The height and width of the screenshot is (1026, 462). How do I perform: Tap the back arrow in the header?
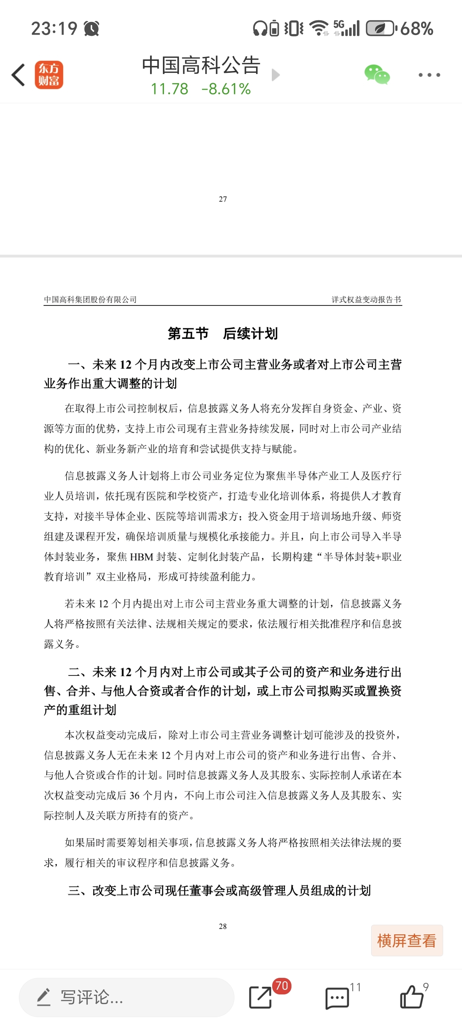pyautogui.click(x=18, y=75)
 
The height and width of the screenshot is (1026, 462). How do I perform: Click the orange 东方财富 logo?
pyautogui.click(x=49, y=75)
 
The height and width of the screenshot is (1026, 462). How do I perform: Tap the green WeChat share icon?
pyautogui.click(x=377, y=74)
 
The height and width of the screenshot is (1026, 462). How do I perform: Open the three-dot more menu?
pyautogui.click(x=429, y=75)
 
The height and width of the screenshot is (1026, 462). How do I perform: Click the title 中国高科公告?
pyautogui.click(x=201, y=65)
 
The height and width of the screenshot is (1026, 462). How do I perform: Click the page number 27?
pyautogui.click(x=223, y=199)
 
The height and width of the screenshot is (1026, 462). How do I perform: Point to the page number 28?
pyautogui.click(x=223, y=926)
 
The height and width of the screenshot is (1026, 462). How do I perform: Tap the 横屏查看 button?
pyautogui.click(x=407, y=940)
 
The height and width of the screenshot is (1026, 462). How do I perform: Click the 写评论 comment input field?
pyautogui.click(x=127, y=997)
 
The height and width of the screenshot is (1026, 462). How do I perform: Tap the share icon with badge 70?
pyautogui.click(x=261, y=997)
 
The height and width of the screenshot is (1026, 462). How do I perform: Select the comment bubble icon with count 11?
pyautogui.click(x=337, y=998)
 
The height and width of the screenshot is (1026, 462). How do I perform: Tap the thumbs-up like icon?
pyautogui.click(x=412, y=997)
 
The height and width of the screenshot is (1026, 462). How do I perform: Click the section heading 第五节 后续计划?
pyautogui.click(x=223, y=334)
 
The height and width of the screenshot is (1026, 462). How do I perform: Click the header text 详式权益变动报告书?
pyautogui.click(x=366, y=300)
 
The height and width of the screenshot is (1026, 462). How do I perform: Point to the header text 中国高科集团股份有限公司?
pyautogui.click(x=90, y=300)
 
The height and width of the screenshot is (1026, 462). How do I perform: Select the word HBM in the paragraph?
pyautogui.click(x=141, y=557)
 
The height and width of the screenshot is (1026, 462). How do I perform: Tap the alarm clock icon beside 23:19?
pyautogui.click(x=92, y=28)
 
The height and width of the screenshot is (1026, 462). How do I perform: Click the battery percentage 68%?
pyautogui.click(x=417, y=28)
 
